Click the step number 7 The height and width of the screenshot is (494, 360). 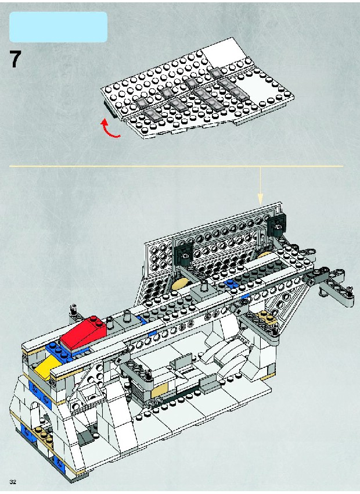tap(15, 59)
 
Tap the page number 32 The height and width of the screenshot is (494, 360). tap(13, 482)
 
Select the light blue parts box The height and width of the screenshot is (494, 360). tap(58, 27)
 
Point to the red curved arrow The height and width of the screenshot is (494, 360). tap(110, 128)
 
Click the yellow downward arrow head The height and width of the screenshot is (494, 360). tap(260, 199)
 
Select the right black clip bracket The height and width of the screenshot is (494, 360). tap(277, 224)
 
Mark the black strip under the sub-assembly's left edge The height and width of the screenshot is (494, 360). tap(110, 110)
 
